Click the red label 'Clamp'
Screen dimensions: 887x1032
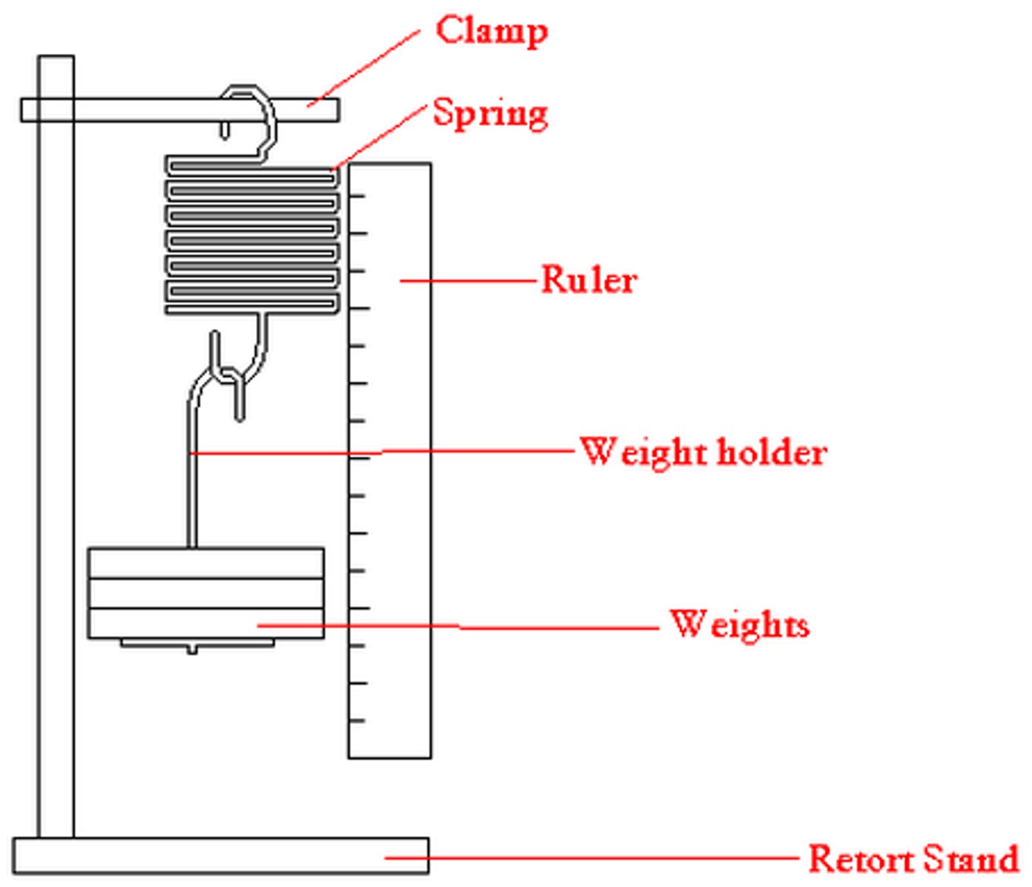pos(491,31)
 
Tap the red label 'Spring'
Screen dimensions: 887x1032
pos(489,114)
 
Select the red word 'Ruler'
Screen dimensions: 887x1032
pos(588,280)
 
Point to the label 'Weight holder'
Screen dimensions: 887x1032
pos(702,452)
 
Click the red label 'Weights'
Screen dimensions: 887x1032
pos(739,625)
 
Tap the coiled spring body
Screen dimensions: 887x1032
pos(251,237)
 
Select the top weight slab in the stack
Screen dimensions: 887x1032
pos(206,563)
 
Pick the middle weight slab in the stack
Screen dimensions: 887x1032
pos(206,594)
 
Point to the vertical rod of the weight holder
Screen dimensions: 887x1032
pos(192,488)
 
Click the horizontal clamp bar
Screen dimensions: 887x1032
pos(148,110)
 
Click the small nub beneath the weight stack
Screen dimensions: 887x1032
pos(192,650)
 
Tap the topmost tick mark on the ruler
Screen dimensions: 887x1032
pos(358,196)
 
